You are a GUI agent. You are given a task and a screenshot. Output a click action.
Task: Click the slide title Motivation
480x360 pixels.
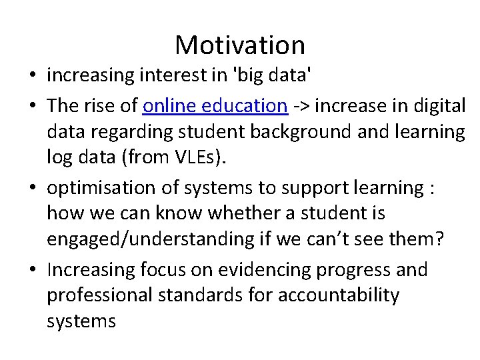(x=240, y=45)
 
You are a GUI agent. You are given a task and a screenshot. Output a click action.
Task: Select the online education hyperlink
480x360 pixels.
(x=215, y=105)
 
